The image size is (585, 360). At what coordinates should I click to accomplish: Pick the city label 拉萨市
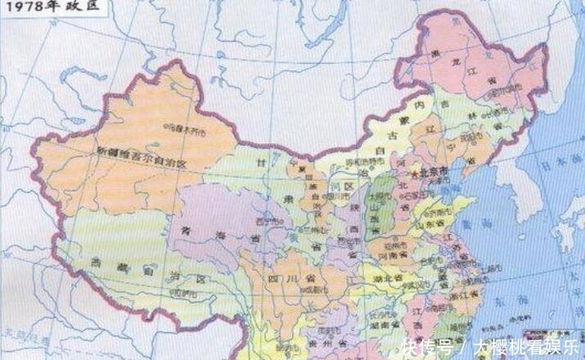pos(187,293)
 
